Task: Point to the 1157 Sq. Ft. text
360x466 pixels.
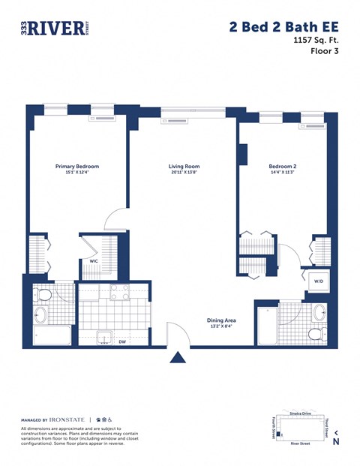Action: pos(314,43)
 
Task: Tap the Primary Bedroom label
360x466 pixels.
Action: pos(77,167)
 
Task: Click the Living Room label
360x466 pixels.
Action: pos(182,167)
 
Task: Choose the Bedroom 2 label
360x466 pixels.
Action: pos(283,167)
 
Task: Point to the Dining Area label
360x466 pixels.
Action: pos(222,320)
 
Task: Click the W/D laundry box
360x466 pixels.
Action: pos(318,282)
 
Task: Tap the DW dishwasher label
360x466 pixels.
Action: pos(122,341)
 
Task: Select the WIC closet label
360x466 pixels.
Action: pos(94,262)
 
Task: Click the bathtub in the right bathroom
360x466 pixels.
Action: pos(267,323)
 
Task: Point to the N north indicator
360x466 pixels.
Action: pos(335,441)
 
